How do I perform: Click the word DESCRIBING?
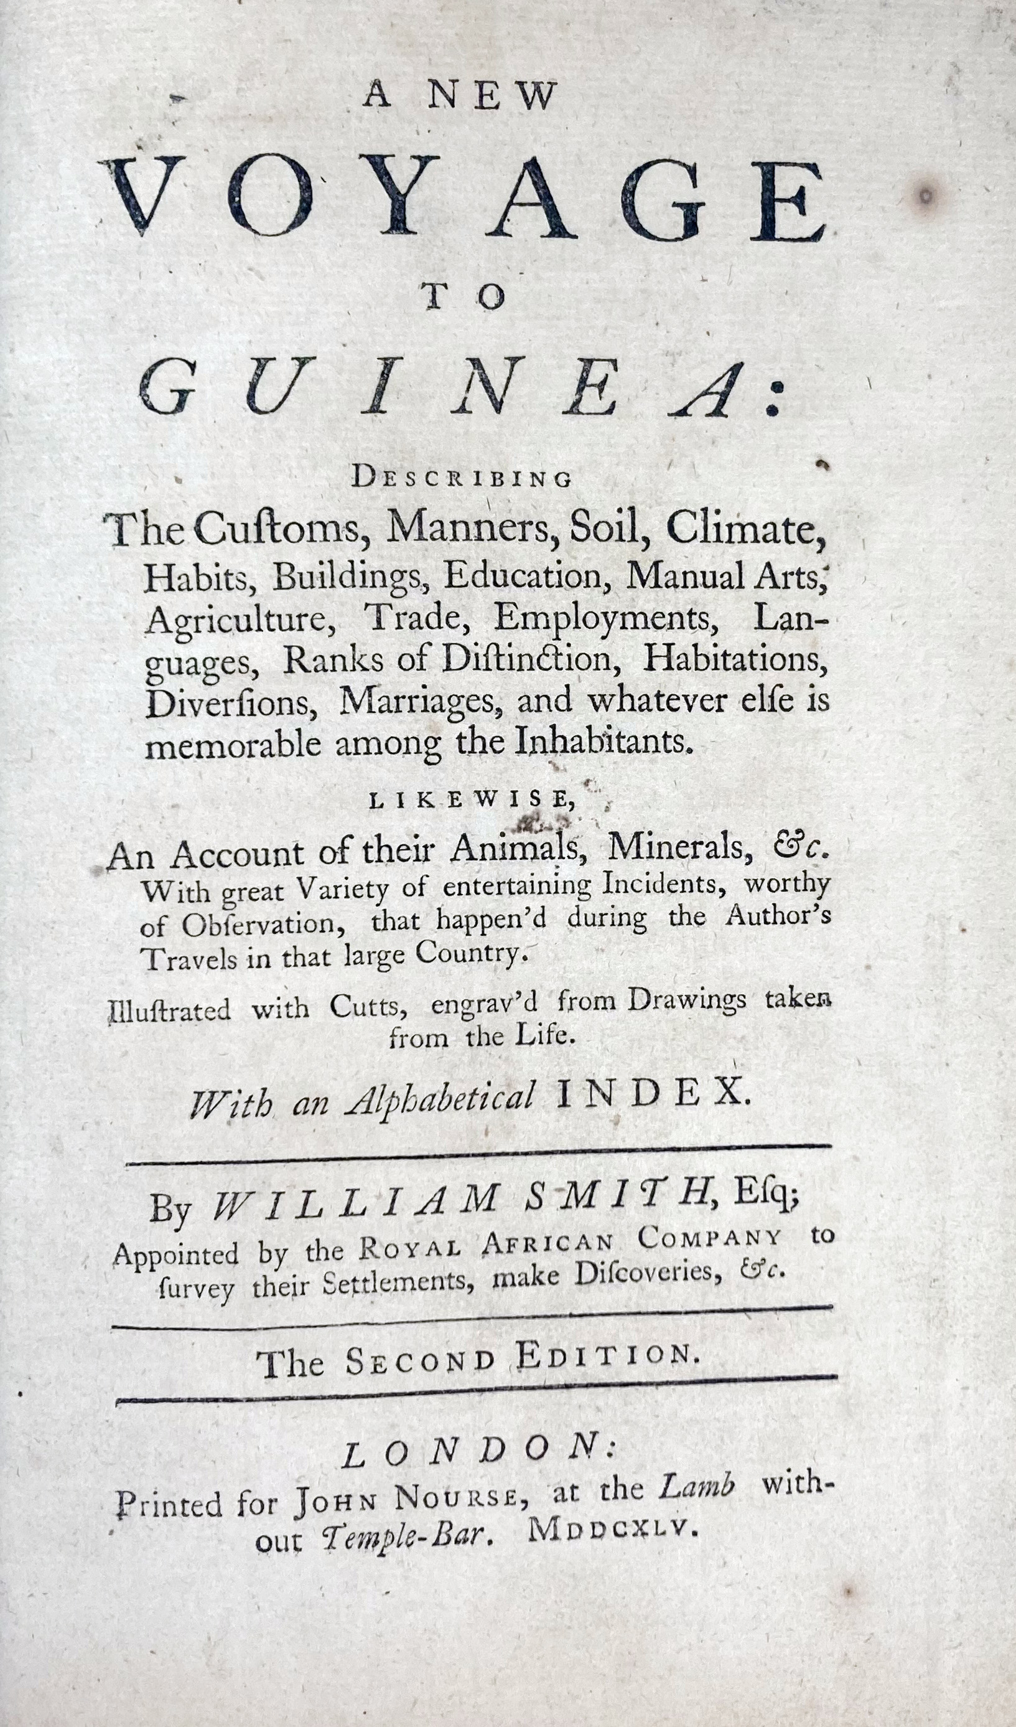point(462,478)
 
